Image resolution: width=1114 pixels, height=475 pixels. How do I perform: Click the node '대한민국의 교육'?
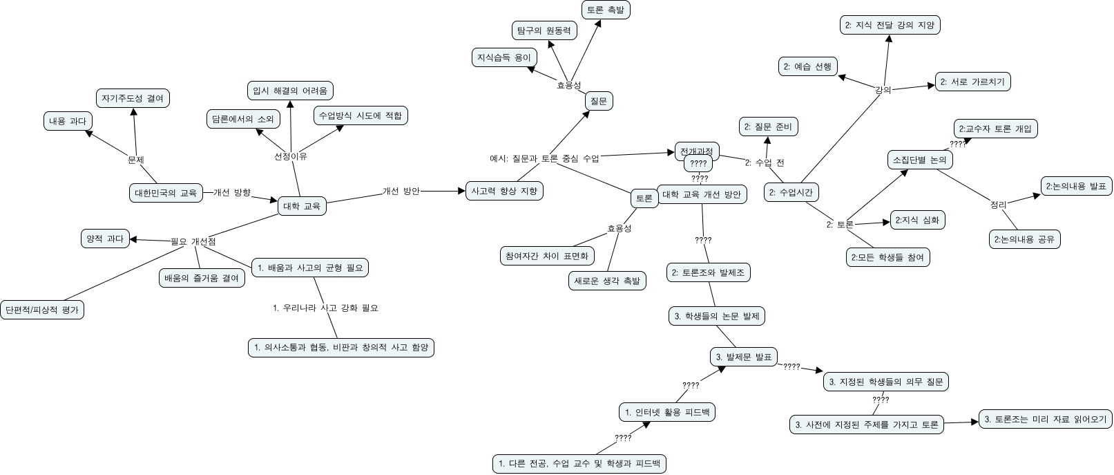(x=166, y=193)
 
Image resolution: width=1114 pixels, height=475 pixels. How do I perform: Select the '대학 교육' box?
(x=302, y=205)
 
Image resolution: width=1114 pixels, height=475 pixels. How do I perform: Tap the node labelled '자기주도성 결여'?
(x=133, y=98)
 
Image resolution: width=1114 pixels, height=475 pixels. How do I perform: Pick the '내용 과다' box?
(x=67, y=121)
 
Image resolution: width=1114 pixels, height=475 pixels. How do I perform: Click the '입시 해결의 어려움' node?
(x=290, y=91)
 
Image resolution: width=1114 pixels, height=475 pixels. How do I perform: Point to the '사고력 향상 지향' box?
(x=503, y=191)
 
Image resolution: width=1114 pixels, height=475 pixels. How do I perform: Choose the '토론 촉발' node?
(x=605, y=10)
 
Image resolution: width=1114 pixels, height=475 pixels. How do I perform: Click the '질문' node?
(x=598, y=101)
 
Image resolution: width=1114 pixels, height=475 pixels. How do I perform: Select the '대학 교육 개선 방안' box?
(x=701, y=194)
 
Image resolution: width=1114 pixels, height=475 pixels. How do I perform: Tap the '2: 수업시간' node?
(x=791, y=192)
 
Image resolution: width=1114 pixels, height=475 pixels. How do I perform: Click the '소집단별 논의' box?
(x=919, y=160)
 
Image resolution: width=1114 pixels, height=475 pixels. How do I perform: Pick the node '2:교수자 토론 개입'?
(x=995, y=129)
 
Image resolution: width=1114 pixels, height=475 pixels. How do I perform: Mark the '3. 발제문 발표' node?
(x=744, y=357)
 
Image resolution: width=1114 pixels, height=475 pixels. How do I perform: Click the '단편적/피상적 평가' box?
(x=41, y=309)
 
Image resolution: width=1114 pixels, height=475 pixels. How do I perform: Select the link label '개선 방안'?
(x=401, y=191)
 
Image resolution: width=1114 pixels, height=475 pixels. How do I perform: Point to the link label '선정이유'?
(x=291, y=156)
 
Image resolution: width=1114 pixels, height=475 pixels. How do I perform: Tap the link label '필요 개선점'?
(x=193, y=241)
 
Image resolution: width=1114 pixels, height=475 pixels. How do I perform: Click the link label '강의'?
(x=883, y=90)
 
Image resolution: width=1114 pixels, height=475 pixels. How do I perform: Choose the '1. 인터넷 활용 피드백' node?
(x=666, y=413)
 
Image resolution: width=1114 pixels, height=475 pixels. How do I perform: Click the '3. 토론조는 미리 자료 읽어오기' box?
(x=1046, y=419)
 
